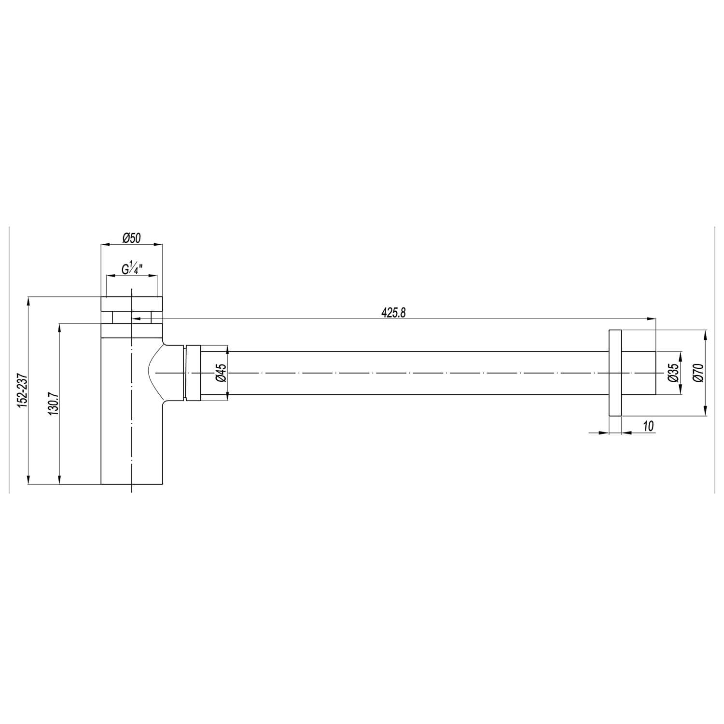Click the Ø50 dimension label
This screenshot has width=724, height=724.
tap(131, 237)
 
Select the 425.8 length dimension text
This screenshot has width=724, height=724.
tap(393, 313)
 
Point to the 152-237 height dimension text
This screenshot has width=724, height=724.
tap(22, 390)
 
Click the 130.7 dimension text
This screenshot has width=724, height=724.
tap(53, 403)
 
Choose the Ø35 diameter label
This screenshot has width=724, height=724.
tap(674, 373)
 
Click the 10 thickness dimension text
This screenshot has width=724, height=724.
tap(648, 426)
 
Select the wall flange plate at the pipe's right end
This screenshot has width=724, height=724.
tap(615, 373)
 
